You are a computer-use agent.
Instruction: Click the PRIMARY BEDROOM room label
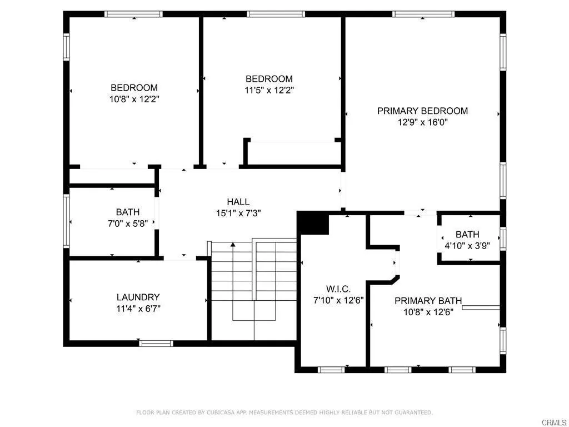click(x=422, y=111)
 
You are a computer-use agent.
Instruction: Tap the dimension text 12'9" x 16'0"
click(x=422, y=122)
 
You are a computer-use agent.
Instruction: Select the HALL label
click(x=238, y=202)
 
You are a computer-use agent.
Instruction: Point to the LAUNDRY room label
click(x=138, y=297)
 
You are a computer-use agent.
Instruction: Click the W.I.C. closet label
click(x=338, y=289)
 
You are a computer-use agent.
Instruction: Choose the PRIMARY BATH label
click(x=428, y=301)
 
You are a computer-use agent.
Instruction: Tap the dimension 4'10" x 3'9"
click(x=467, y=245)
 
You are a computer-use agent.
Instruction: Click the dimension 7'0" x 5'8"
click(x=128, y=223)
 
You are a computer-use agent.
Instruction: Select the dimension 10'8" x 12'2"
click(x=134, y=99)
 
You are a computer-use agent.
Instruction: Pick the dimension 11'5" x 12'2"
click(x=269, y=90)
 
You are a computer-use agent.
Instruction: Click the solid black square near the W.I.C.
click(x=314, y=224)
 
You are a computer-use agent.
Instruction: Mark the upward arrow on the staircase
click(x=233, y=245)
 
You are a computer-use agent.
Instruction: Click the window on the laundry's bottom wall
click(x=156, y=343)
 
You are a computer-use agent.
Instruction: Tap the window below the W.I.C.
click(x=332, y=369)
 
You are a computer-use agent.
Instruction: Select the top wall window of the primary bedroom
click(x=423, y=14)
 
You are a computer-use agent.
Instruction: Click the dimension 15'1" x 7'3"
click(x=238, y=213)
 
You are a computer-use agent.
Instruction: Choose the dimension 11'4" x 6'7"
click(x=138, y=309)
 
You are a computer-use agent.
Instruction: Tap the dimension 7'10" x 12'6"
click(x=338, y=300)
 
